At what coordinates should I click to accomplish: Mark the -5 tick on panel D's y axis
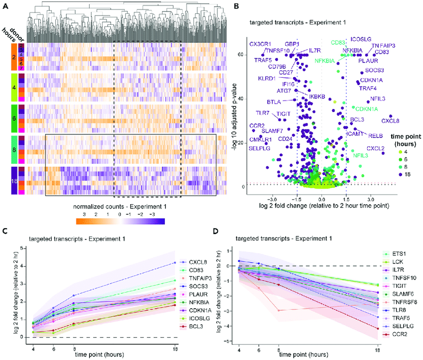coord(226,342)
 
